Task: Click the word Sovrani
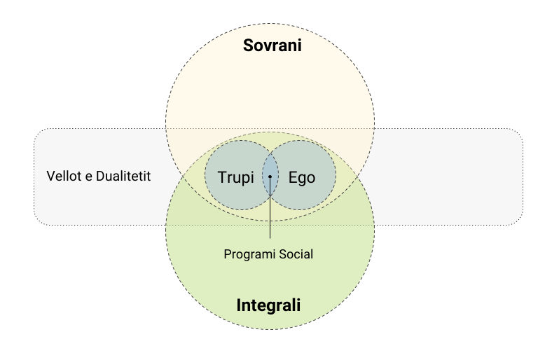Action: tap(272, 46)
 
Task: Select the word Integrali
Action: tap(268, 305)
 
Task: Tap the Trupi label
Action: tap(235, 177)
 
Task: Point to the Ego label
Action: tap(302, 178)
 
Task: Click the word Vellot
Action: tap(64, 176)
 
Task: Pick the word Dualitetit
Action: tap(123, 176)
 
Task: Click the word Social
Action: tap(296, 254)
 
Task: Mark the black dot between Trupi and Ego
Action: tap(270, 176)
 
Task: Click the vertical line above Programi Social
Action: tap(270, 207)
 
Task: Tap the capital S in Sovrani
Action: tap(249, 46)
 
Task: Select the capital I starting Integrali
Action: tap(239, 305)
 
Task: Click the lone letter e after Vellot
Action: tap(89, 177)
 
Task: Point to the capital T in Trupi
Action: tap(223, 177)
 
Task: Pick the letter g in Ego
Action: tap(302, 179)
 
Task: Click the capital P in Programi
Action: tap(228, 254)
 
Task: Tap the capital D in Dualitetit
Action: tap(100, 176)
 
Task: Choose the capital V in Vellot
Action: tap(51, 176)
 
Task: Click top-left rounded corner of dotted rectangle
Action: tap(37, 132)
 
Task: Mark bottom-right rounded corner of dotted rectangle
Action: tap(520, 222)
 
